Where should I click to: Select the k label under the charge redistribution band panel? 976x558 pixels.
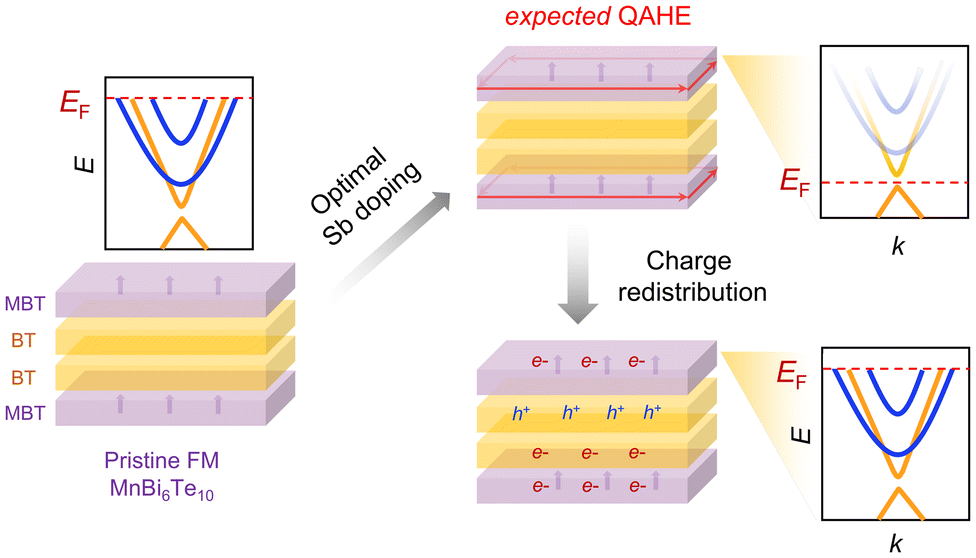(x=896, y=543)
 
